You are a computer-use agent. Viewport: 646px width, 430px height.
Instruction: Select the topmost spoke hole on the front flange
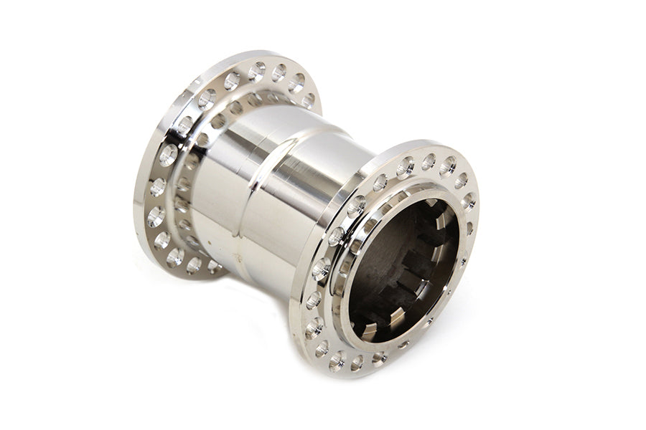click(429, 162)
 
